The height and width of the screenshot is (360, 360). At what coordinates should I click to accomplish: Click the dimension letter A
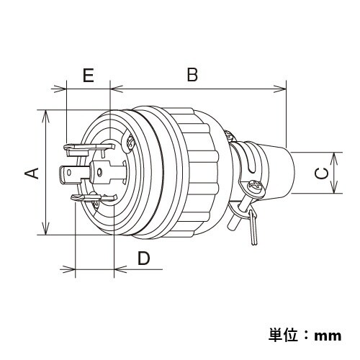pos(31,172)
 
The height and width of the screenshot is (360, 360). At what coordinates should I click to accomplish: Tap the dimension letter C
pos(322,173)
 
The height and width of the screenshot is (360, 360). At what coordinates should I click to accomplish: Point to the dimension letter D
pos(143,258)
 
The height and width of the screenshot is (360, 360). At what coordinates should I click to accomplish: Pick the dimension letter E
pos(89,76)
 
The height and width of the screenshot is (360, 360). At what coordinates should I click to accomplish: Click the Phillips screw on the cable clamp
pos(254,189)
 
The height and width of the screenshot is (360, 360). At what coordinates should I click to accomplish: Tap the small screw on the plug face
pos(130,143)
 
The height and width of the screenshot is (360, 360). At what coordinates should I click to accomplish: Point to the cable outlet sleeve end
pos(292,173)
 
